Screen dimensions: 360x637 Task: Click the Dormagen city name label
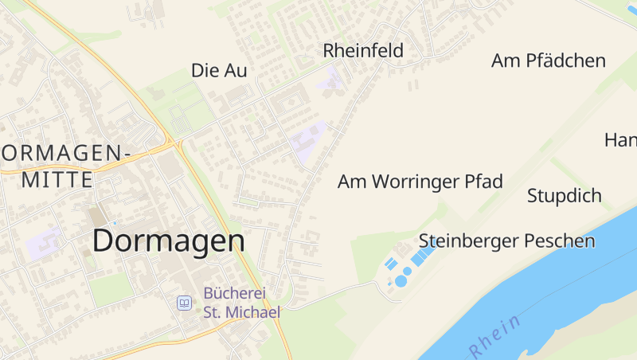point(169,241)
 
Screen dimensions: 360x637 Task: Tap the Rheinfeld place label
point(363,51)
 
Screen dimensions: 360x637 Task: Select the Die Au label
point(219,71)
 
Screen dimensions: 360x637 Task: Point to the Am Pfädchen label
point(549,61)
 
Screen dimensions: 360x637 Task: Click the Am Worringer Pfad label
point(420,182)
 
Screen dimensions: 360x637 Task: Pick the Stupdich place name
point(565,196)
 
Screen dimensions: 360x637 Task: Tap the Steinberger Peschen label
point(507,241)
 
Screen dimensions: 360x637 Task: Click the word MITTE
point(57,180)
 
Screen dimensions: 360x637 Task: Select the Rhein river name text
point(495,335)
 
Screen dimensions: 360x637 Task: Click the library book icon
point(184,303)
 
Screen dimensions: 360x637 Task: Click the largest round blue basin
point(401,281)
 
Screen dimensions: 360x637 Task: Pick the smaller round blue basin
point(408,271)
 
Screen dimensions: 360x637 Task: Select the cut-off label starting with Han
point(621,141)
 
